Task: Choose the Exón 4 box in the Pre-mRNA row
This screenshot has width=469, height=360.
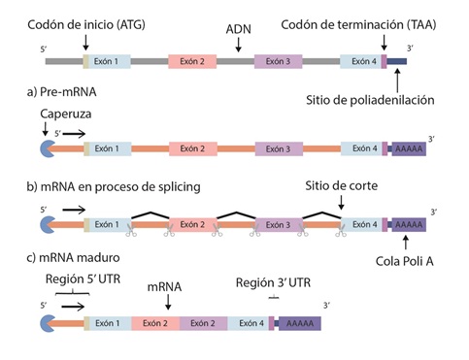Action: pyautogui.click(x=361, y=148)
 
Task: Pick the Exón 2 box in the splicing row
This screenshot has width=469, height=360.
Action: pyautogui.click(x=194, y=225)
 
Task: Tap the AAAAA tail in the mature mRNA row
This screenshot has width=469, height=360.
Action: pyautogui.click(x=294, y=324)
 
